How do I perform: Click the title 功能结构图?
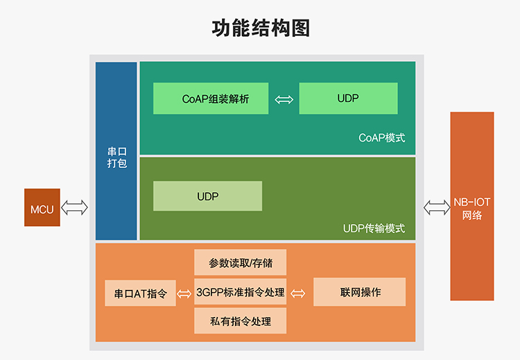(260, 28)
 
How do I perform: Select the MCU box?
(42, 207)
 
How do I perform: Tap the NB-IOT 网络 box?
(471, 206)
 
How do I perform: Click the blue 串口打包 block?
(116, 151)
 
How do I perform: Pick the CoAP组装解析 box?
(211, 98)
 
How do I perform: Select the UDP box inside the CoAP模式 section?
(348, 98)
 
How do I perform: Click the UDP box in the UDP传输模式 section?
(207, 196)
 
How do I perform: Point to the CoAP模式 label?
(381, 138)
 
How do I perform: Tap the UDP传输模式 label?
(374, 228)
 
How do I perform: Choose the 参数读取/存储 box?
(240, 263)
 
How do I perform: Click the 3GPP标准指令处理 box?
(240, 292)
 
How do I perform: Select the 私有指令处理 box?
(240, 321)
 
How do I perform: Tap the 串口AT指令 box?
(140, 293)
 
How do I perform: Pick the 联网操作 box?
(359, 292)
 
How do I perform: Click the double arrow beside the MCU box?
(75, 207)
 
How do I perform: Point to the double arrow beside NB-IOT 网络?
(437, 206)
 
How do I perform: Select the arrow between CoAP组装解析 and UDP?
(284, 99)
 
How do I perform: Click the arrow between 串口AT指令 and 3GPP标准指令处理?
(184, 293)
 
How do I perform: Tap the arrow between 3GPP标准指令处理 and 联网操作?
(297, 293)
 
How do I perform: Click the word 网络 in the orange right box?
(471, 215)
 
